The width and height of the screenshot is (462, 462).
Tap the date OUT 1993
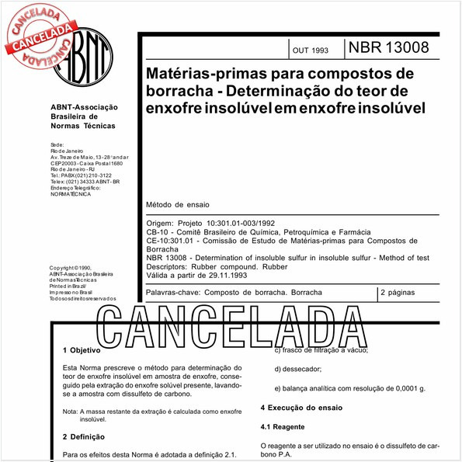[311, 50]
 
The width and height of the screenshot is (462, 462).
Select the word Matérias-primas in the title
[193, 75]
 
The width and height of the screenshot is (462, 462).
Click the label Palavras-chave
[172, 293]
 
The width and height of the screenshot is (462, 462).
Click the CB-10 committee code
[158, 231]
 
